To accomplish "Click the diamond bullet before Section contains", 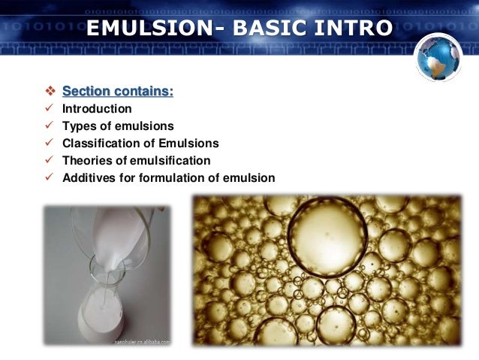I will point(50,92).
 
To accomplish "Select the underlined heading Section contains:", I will point(118,92).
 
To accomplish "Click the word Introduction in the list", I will point(97,109).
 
